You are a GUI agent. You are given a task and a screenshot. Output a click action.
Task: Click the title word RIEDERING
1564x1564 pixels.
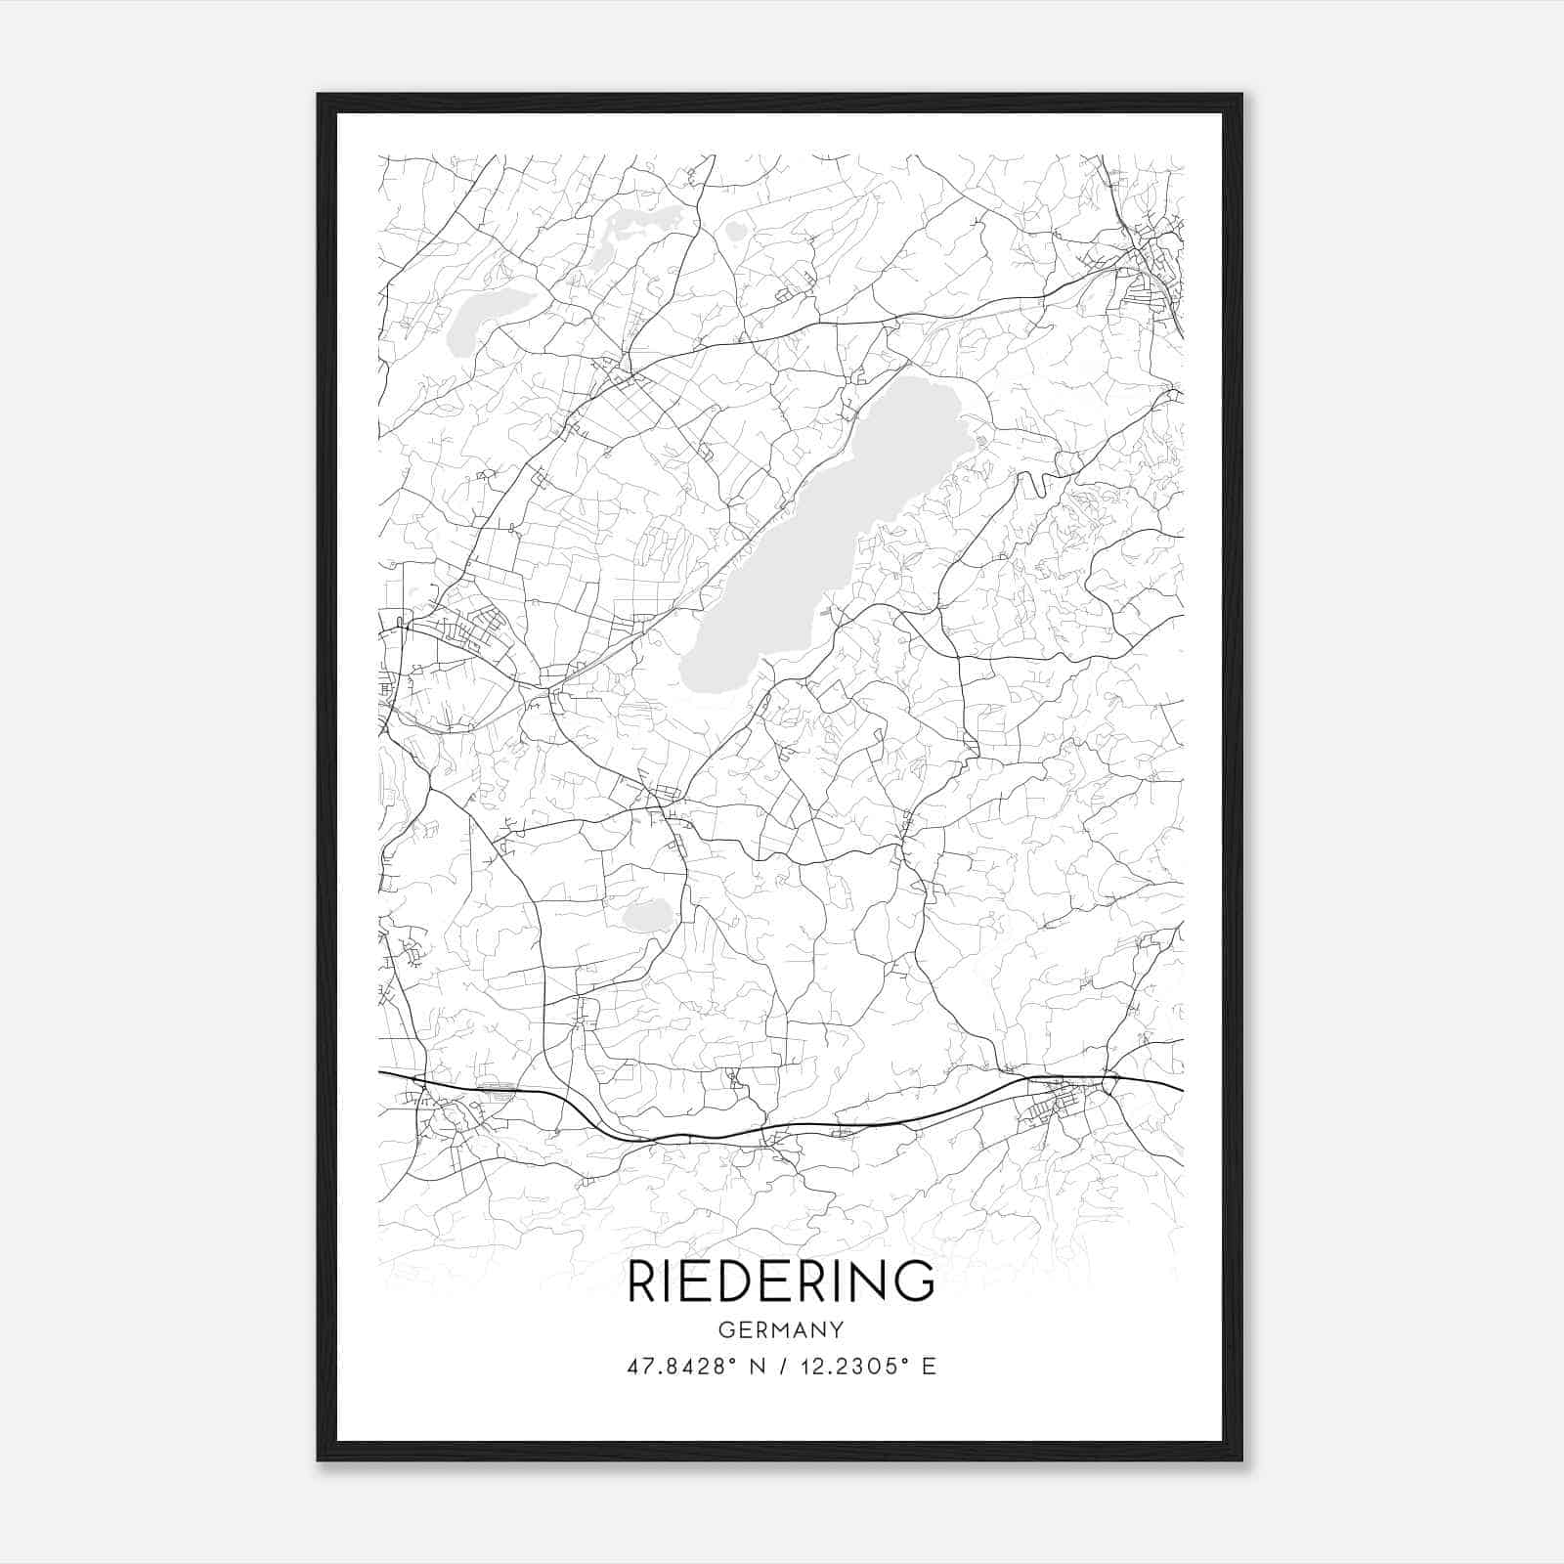point(780,1282)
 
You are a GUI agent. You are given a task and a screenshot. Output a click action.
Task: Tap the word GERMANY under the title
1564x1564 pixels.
point(780,1329)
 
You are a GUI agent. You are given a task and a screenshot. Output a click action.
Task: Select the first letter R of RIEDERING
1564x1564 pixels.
point(642,1282)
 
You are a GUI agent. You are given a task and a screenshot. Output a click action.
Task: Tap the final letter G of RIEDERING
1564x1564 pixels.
point(917,1282)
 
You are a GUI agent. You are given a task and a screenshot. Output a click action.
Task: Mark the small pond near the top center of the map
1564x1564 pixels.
point(735,232)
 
